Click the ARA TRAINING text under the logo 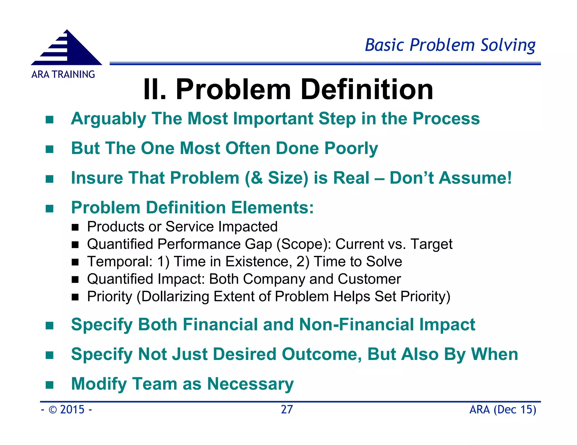(x=63, y=75)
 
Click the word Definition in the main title (x=367, y=89)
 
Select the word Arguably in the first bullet (x=108, y=119)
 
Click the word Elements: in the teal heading (x=272, y=208)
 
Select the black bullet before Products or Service (x=75, y=227)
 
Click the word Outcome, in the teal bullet (x=322, y=354)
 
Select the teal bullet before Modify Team (x=50, y=385)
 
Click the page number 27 (x=287, y=410)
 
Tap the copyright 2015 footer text (x=66, y=410)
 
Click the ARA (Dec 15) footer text (x=503, y=410)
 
